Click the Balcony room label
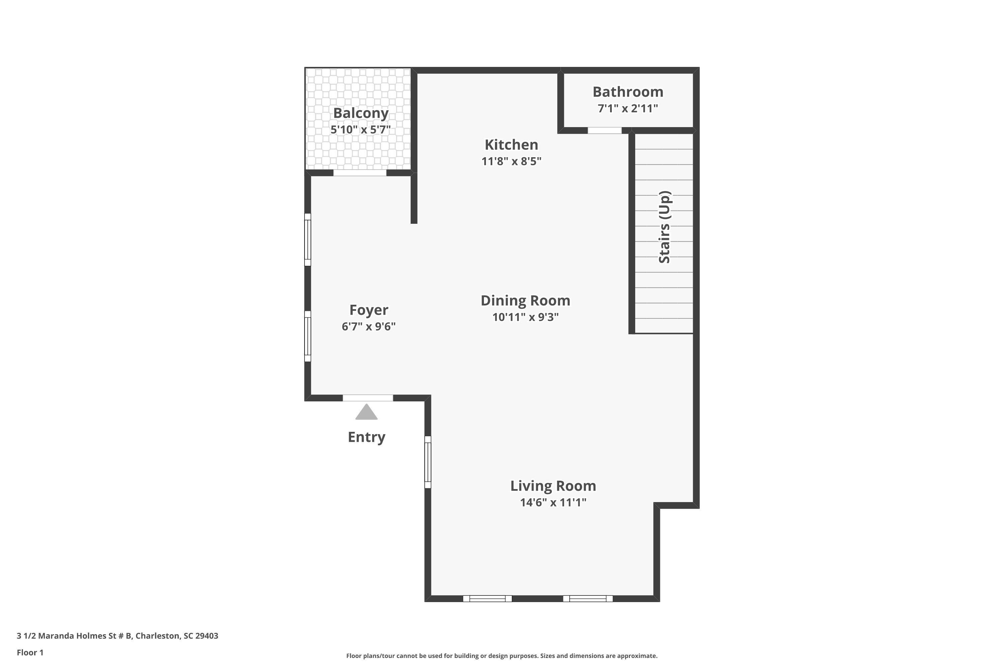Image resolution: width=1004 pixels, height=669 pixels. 361,113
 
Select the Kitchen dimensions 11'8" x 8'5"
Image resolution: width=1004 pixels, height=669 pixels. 511,161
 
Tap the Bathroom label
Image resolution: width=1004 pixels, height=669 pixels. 627,92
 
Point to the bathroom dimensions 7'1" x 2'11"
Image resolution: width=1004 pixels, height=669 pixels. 627,108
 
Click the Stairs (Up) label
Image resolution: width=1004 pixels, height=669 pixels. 665,227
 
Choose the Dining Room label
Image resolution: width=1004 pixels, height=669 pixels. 525,300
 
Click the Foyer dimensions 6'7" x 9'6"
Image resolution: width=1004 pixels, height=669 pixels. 368,326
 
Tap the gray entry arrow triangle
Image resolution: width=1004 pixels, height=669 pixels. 366,412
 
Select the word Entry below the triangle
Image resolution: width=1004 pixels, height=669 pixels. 366,437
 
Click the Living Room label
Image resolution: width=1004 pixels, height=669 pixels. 553,486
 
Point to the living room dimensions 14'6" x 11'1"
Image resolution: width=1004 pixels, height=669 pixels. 553,502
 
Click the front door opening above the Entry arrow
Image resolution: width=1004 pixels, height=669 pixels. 367,398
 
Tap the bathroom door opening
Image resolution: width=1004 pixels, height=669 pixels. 604,130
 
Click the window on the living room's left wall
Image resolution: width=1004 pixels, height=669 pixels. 428,462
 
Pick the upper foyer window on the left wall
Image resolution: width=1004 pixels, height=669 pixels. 307,240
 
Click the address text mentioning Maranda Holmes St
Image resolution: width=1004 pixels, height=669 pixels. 117,636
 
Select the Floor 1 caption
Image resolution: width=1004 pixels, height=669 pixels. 30,652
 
